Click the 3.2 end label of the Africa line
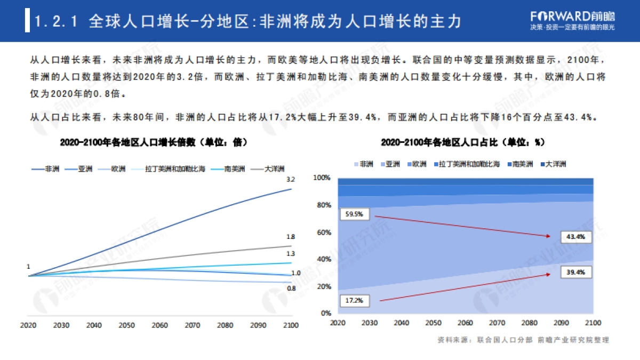point(291,179)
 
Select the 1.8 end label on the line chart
point(291,237)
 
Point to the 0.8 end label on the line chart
point(291,288)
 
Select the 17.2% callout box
point(354,301)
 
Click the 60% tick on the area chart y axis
point(323,233)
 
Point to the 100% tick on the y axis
point(322,178)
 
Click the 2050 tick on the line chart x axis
point(126,325)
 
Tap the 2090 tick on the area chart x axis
point(560,323)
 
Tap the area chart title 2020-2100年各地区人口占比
point(462,143)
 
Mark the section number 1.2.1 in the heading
point(57,21)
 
